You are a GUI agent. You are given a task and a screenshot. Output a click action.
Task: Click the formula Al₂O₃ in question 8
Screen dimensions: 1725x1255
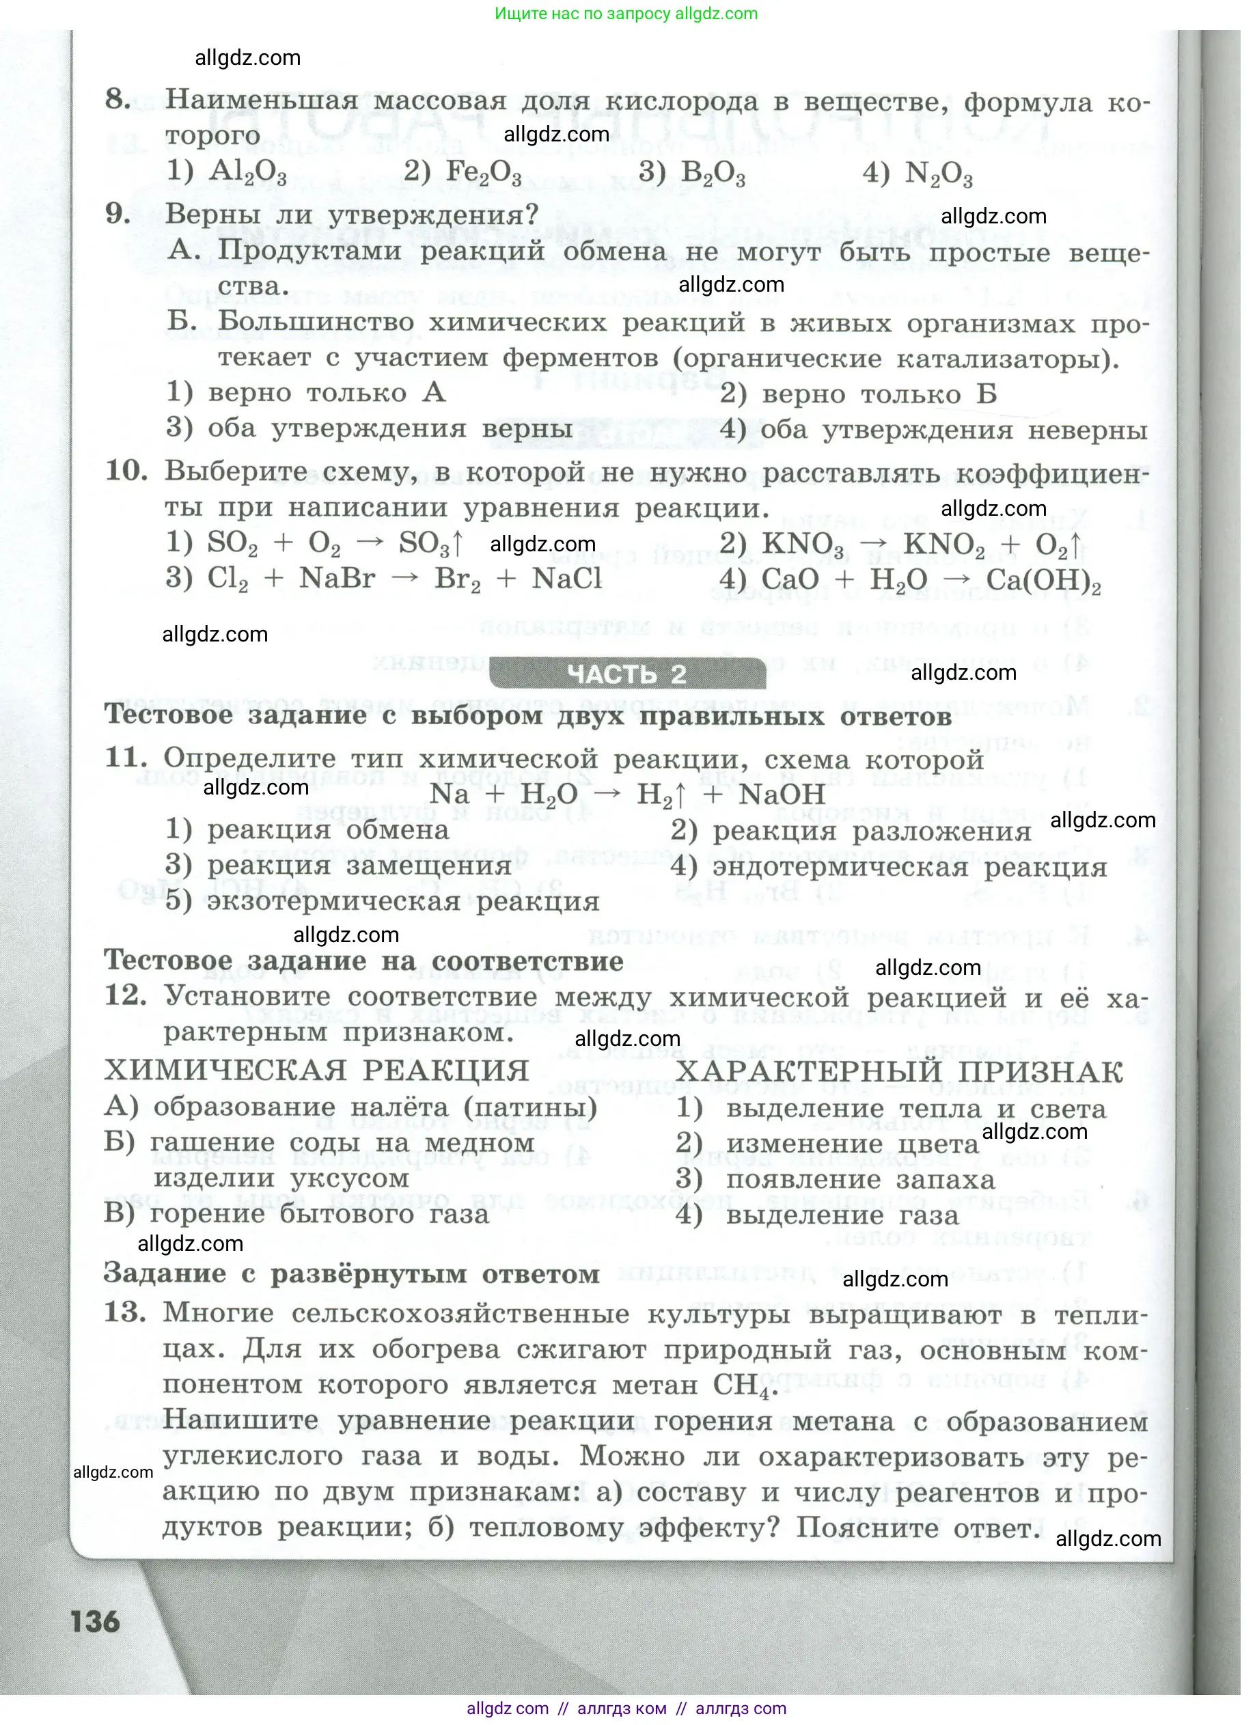pyautogui.click(x=247, y=173)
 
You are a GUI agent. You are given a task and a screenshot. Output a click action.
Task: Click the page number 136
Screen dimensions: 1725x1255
pyautogui.click(x=96, y=1622)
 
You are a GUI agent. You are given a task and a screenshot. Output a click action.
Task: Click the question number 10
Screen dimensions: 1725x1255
pyautogui.click(x=126, y=471)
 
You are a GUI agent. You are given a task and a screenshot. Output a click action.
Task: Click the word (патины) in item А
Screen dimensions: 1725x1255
pyautogui.click(x=531, y=1108)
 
